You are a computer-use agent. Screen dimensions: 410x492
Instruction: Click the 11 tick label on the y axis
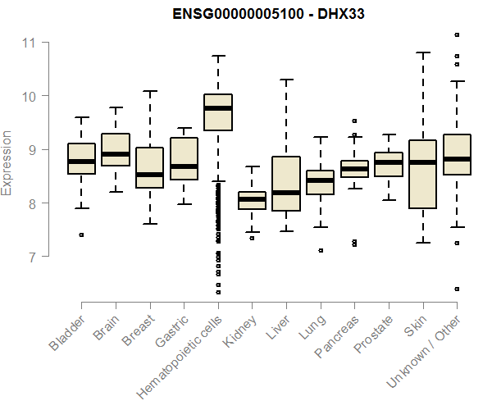coord(30,42)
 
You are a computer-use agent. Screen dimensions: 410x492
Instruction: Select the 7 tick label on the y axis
coord(30,257)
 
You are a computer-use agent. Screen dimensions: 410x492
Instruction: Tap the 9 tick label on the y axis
coord(30,149)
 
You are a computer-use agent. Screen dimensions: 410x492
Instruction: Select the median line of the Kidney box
coord(252,199)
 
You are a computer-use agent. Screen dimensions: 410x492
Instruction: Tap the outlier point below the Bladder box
coord(81,235)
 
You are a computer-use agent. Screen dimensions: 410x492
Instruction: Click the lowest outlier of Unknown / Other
coord(457,289)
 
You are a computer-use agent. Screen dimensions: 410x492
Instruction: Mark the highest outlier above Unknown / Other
coord(457,35)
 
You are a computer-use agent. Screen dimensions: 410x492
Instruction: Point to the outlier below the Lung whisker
coord(321,250)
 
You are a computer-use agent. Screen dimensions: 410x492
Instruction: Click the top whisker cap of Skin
coord(422,52)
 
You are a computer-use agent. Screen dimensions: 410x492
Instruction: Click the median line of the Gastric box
coord(184,166)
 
